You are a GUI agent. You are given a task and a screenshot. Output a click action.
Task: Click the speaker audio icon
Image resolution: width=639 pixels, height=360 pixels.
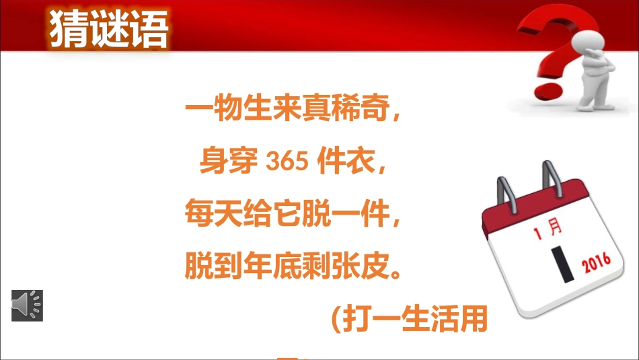click(x=27, y=305)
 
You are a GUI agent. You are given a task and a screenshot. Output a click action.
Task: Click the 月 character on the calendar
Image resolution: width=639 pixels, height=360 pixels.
click(x=556, y=229)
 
